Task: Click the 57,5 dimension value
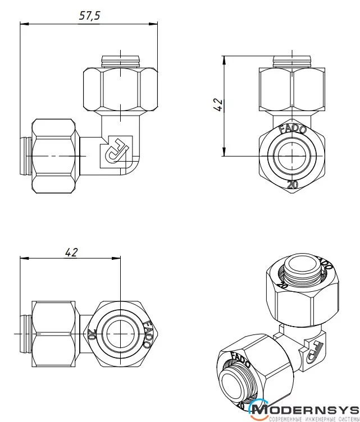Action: pos(89,16)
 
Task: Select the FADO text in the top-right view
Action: pos(293,129)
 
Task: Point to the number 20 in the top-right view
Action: pos(292,184)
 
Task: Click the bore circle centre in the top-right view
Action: pos(292,156)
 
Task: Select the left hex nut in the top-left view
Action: pos(54,155)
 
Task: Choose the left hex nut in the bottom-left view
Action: pos(54,334)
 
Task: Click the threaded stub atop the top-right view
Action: pos(292,60)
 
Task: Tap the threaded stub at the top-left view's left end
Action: pos(26,155)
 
